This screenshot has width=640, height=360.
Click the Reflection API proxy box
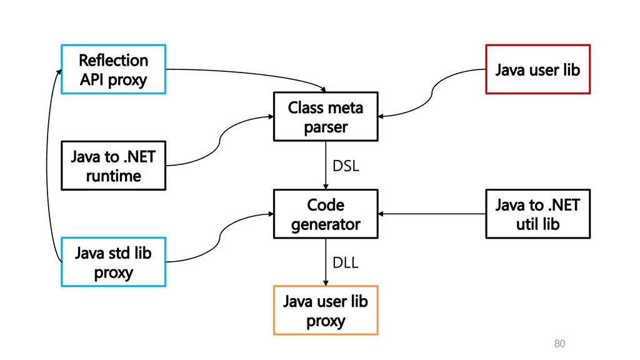114,69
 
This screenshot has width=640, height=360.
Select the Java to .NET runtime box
114,166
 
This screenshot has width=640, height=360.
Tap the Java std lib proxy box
114,262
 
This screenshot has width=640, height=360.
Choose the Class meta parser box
326,117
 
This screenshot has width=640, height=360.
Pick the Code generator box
326,214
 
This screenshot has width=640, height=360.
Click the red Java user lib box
538,69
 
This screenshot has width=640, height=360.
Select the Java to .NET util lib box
538,214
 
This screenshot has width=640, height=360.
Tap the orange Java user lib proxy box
326,310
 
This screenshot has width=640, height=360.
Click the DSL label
346,166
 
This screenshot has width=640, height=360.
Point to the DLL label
345,262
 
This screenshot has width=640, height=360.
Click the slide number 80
559,344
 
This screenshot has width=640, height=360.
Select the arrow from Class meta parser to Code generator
326,165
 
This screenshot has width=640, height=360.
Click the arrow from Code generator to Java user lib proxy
326,262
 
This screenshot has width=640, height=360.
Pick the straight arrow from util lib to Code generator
432,214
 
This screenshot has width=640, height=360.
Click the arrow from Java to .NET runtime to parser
219,141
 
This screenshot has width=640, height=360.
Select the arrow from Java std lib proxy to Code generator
219,238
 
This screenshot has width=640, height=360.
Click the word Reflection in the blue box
114,61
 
